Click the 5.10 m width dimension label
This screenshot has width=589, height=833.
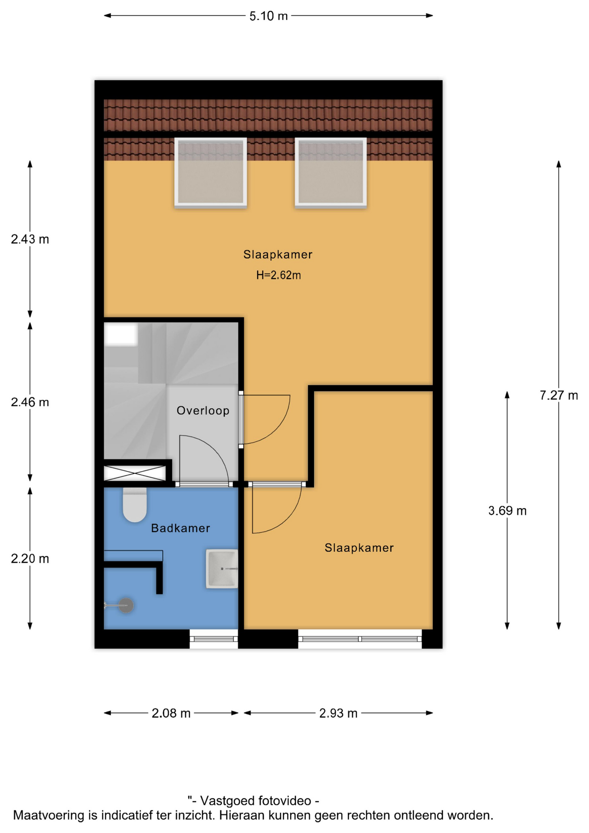click(268, 16)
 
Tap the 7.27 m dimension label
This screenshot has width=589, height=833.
click(559, 395)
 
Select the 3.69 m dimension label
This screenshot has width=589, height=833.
click(507, 511)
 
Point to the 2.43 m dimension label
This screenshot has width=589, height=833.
click(30, 239)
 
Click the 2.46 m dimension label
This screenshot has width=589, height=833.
click(30, 402)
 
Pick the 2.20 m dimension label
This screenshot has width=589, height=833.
click(30, 558)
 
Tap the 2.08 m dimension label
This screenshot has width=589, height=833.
click(171, 713)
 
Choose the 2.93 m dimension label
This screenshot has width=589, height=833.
click(338, 713)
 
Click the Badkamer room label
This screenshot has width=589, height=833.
click(180, 528)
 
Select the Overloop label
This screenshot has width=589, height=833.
click(203, 410)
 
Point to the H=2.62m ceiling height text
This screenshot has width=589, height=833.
click(278, 275)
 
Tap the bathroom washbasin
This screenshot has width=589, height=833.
click(222, 568)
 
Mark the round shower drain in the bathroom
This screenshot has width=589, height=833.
click(126, 605)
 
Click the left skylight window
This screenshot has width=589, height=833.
click(210, 172)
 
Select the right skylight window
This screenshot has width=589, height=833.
click(330, 172)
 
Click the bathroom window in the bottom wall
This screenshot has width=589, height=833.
click(214, 639)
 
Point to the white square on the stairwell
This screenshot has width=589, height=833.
click(121, 335)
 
